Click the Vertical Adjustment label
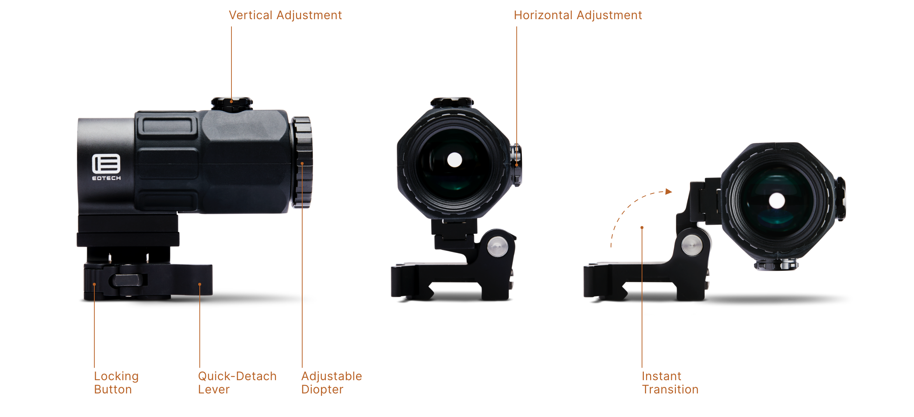285,15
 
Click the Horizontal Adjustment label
578,15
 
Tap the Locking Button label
116,382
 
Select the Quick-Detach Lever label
237,382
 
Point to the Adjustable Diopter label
331,382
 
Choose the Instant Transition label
670,382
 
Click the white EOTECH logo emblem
106,164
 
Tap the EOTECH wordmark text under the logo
106,178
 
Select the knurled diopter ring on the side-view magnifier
302,162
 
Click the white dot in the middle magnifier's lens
454,160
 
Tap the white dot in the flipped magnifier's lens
777,201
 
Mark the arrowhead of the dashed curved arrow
669,192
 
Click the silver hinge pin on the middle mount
498,247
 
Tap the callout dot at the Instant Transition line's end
642,228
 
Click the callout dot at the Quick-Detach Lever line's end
200,284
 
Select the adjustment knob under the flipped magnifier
777,264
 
